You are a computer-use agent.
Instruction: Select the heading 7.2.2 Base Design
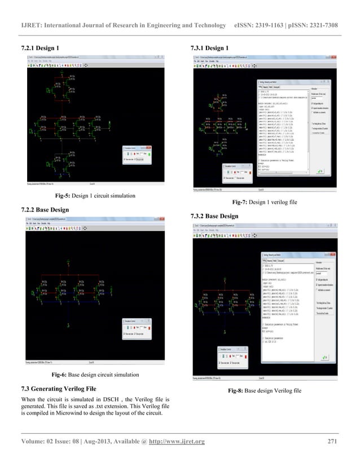(x=47, y=210)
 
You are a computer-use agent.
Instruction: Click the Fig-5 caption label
(x=65, y=196)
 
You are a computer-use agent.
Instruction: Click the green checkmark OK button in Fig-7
(x=320, y=171)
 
